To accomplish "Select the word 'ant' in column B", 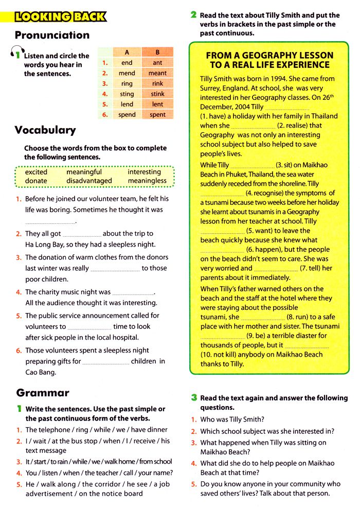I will tap(157, 63).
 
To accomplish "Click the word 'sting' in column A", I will tap(127, 94).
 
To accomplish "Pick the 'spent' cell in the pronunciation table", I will tap(157, 115).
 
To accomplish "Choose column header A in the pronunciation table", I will tap(127, 52).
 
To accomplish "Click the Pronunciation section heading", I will tap(52, 35).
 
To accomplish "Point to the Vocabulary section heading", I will tap(45, 130).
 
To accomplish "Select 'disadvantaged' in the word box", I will tap(89, 181).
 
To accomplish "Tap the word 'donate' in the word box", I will tap(36, 181).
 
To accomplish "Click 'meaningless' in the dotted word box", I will tap(147, 181).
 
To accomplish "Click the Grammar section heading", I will tap(43, 393).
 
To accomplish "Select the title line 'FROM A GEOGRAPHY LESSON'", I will tap(269, 55).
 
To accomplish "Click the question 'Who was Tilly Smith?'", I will tap(232, 419).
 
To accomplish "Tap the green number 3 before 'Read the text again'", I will tap(194, 397).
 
